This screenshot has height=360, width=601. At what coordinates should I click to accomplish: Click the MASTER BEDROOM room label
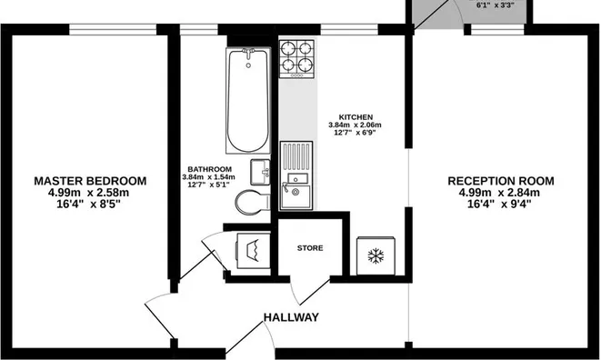coord(89,180)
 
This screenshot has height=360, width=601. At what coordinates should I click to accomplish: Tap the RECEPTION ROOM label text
coord(499,181)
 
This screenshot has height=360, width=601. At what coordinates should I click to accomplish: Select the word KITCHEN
coord(356,117)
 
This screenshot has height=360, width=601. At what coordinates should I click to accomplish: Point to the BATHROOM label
coord(209,169)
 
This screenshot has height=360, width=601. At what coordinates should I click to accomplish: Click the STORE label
coord(310,247)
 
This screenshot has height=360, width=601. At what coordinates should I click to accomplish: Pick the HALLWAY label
coord(291,317)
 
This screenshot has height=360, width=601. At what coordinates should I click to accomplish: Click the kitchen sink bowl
coord(295,192)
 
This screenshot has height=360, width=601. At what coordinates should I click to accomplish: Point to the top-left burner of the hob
coord(287,49)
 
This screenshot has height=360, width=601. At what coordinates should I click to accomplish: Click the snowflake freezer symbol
coord(375,256)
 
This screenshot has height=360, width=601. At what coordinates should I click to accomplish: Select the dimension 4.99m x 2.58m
coord(89,193)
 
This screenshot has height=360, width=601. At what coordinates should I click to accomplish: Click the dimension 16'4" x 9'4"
coord(499,205)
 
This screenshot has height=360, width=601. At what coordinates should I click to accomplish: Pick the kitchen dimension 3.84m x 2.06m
coord(356,126)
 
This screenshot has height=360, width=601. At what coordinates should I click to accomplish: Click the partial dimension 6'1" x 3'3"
coord(495,5)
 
